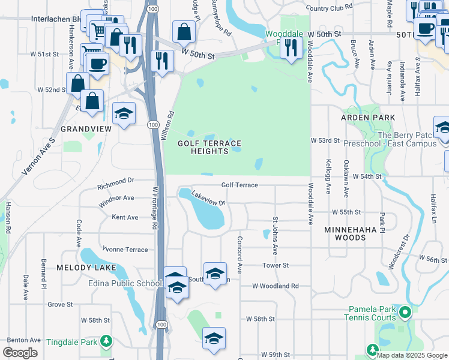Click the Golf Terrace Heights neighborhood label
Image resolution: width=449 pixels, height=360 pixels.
pos(209,147)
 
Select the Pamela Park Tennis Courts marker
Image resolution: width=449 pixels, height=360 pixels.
pos(405,312)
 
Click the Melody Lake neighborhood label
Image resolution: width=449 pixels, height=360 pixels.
pos(82,267)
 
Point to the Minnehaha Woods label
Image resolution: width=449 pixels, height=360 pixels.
pos(354,233)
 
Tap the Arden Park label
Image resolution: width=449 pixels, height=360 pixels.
pos(368,118)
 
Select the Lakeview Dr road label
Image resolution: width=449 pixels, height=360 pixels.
pos(208,198)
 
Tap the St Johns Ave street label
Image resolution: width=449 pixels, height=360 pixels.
pos(276,236)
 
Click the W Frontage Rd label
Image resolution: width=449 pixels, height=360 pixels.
pos(154,208)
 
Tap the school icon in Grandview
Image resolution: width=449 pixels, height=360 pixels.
pos(124,113)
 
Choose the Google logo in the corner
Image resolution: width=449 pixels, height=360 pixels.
pos(20,353)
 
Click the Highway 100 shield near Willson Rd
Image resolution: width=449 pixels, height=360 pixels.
pos(152,124)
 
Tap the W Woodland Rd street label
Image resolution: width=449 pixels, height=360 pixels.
pos(276,286)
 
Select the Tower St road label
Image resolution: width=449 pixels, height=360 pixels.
pos(276,265)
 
